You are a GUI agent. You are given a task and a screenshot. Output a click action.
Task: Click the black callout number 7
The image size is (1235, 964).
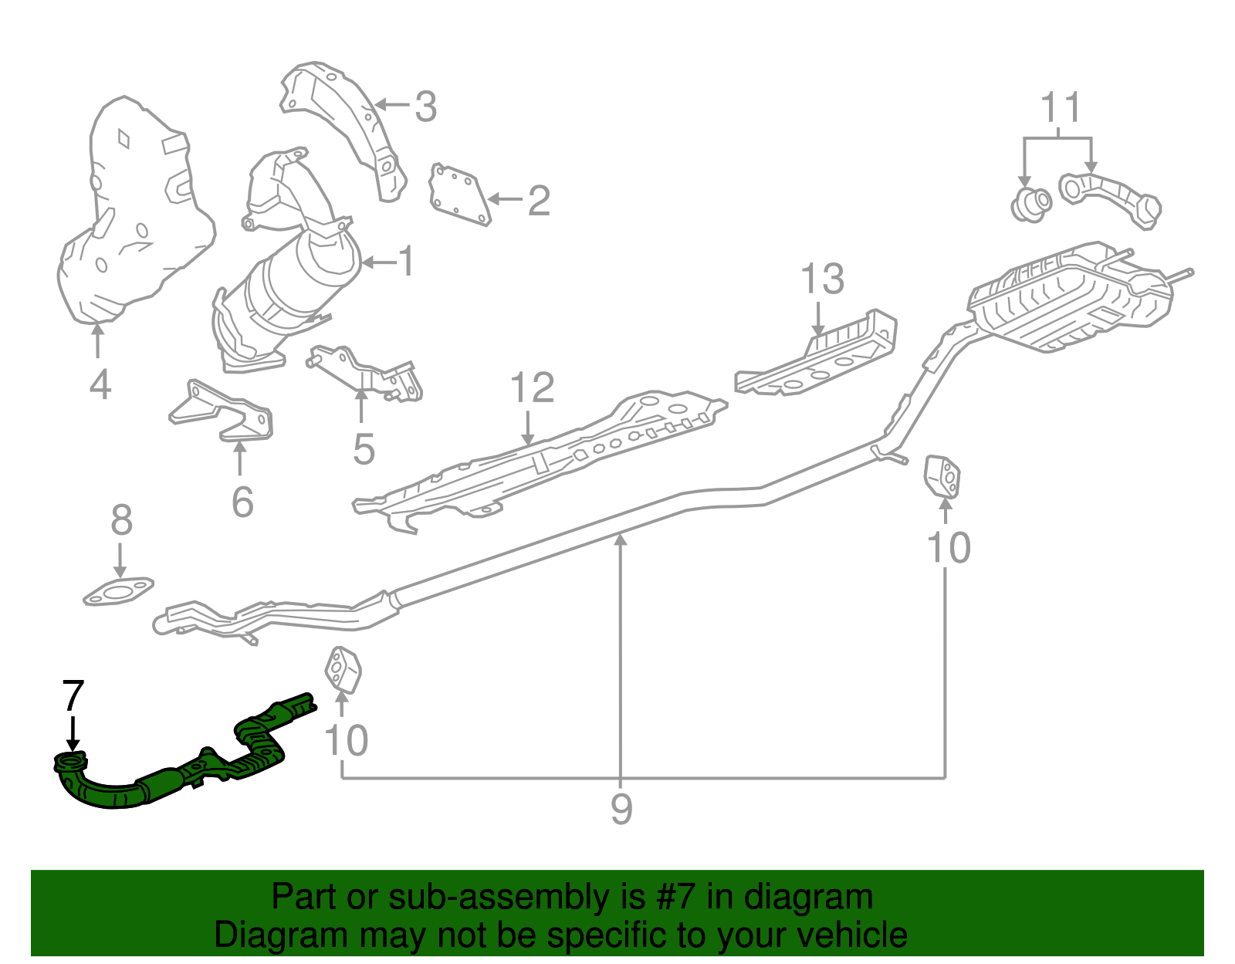[72, 696]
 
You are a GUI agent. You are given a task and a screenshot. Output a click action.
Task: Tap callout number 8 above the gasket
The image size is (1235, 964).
[121, 521]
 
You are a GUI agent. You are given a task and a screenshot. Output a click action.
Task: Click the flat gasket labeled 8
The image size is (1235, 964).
[118, 593]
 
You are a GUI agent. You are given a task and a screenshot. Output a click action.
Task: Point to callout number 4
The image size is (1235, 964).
[100, 384]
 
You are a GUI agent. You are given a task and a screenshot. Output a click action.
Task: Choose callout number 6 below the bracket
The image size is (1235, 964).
[242, 502]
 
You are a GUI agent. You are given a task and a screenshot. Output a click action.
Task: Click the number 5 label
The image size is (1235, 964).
[364, 449]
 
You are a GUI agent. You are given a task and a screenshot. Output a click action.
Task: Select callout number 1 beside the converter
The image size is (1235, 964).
[406, 262]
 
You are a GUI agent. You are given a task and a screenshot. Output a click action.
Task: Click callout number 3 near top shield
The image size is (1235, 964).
[425, 107]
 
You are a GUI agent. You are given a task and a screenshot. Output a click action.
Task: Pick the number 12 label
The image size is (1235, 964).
[532, 387]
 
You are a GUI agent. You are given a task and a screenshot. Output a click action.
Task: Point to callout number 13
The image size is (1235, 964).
[822, 279]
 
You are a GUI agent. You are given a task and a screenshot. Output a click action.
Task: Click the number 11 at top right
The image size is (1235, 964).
[1061, 108]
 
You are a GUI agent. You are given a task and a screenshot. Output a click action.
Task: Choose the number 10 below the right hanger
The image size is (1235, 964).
[948, 548]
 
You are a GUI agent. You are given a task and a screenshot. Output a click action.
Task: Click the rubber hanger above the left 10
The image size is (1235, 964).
[342, 668]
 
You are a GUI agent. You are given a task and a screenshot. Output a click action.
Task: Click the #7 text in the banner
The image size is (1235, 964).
[676, 898]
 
